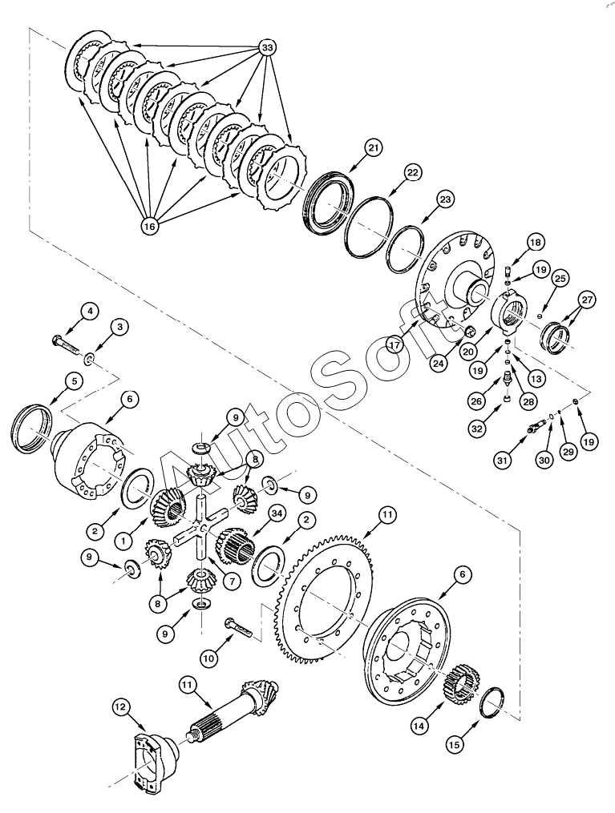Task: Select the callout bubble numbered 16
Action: pos(149,226)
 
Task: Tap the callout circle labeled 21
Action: pos(373,147)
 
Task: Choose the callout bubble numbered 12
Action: pos(120,706)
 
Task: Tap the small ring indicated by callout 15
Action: pos(492,701)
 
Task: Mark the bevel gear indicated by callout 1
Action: pos(168,509)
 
